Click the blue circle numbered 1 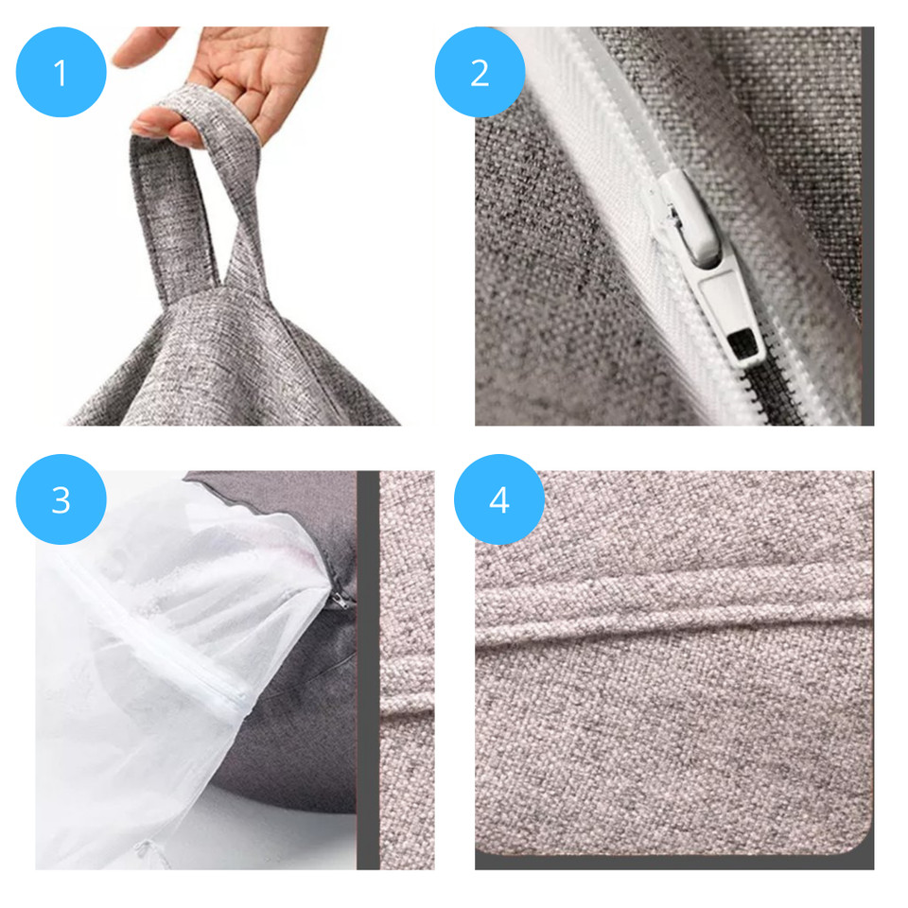click(61, 73)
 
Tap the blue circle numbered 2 click(480, 73)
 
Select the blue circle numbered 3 click(61, 499)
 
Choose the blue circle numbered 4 click(499, 499)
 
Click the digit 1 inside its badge click(61, 74)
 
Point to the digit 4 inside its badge click(499, 499)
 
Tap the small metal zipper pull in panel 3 click(340, 602)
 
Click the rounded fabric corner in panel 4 click(856, 840)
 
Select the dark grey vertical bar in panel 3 click(368, 670)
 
